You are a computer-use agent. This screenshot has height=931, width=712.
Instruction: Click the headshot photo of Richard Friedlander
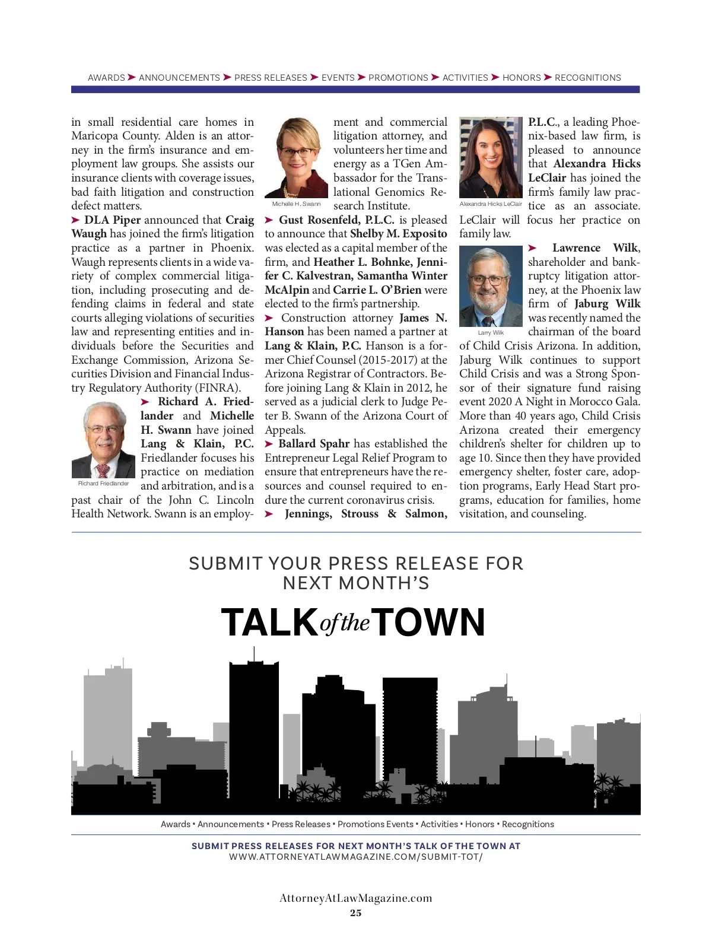click(103, 440)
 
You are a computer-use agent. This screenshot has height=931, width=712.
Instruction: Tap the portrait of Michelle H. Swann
click(296, 158)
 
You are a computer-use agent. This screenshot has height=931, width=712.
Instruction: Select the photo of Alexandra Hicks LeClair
click(491, 158)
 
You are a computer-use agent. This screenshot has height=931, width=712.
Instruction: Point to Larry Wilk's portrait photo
click(491, 287)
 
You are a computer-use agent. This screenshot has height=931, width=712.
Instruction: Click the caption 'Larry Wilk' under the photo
click(491, 333)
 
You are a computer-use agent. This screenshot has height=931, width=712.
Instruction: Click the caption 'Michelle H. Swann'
click(296, 204)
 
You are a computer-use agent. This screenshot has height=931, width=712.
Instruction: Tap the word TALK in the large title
click(269, 622)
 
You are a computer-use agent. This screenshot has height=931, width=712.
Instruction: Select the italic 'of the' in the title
click(345, 624)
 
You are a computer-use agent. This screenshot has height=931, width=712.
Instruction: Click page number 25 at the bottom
click(355, 913)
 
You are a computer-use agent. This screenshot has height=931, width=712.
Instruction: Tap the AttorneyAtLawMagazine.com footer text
click(355, 898)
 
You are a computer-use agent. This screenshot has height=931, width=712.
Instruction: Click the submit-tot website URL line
click(355, 857)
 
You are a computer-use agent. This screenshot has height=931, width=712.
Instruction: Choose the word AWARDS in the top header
click(106, 78)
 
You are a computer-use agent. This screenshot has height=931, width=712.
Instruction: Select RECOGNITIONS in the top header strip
click(587, 78)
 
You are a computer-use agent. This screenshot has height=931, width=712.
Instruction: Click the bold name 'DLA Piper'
click(112, 220)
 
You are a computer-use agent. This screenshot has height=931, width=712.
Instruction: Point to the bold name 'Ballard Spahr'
click(314, 444)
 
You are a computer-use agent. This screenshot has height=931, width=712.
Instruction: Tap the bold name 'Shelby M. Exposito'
click(398, 234)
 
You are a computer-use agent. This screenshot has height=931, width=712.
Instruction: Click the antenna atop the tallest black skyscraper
click(254, 653)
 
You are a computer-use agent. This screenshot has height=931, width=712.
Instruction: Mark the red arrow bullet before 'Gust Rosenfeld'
click(269, 220)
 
